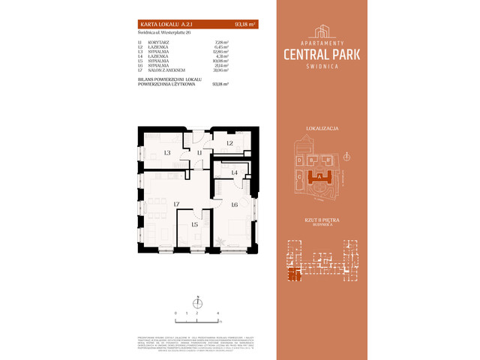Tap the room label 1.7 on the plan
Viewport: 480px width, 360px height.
point(177,204)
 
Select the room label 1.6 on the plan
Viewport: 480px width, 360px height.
point(234,204)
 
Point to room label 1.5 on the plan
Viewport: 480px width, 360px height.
point(194,224)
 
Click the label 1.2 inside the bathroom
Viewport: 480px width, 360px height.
point(229,142)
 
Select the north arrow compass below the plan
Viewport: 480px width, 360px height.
point(196,303)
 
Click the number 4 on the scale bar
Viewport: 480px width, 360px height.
point(217,311)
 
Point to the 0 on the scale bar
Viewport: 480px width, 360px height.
point(175,311)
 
